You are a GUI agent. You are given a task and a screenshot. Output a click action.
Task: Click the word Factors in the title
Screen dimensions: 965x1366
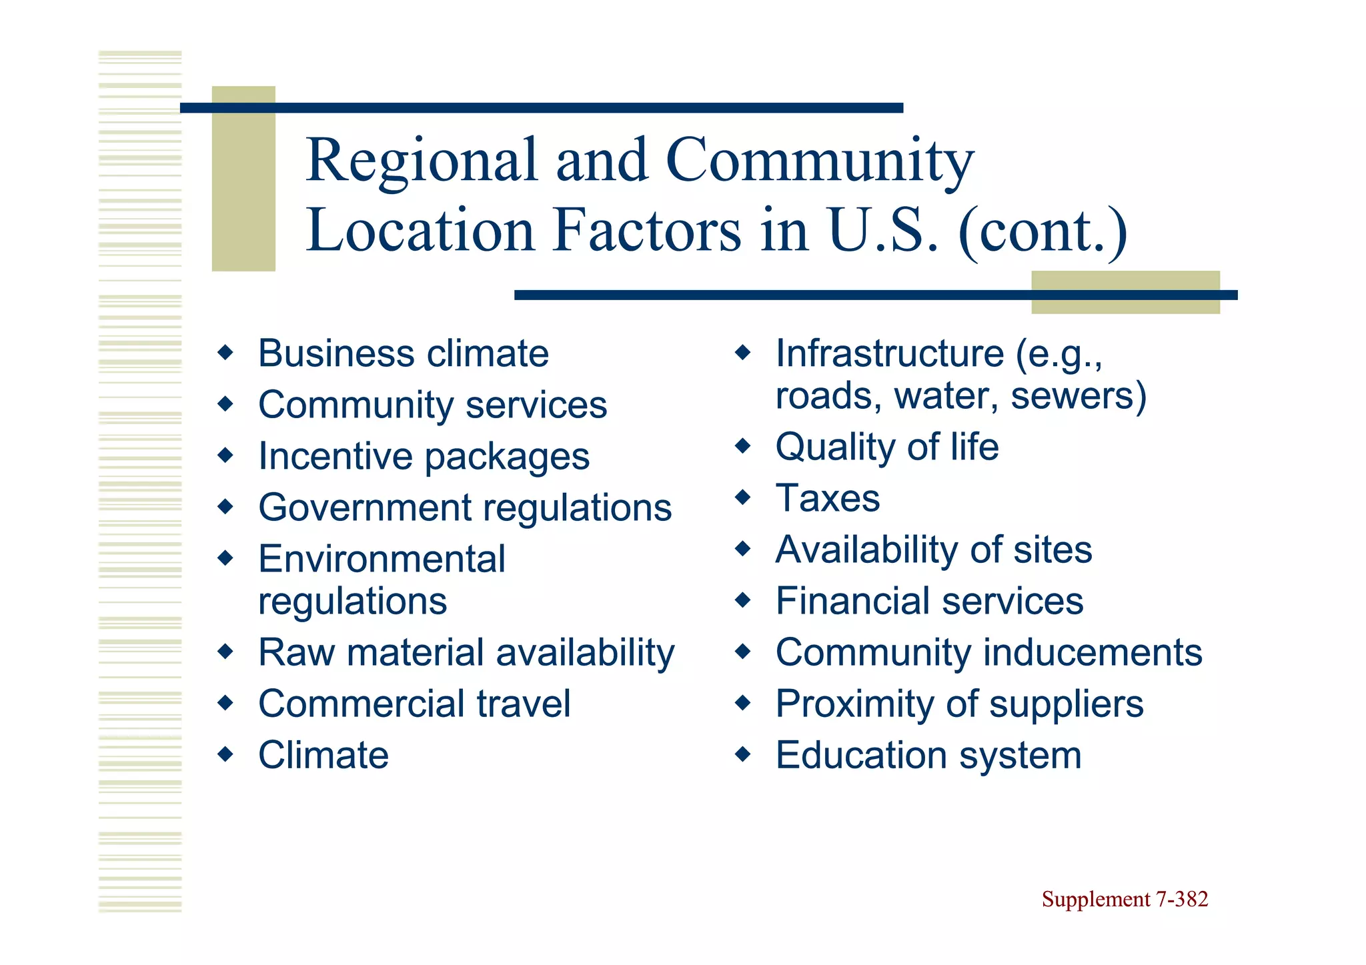[x=646, y=231]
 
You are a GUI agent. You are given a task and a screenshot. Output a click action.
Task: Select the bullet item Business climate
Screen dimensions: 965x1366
[x=403, y=353]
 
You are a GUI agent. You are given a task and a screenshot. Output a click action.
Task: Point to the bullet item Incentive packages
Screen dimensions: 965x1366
[x=424, y=457]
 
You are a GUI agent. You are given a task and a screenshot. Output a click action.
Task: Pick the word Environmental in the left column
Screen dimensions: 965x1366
[x=382, y=559]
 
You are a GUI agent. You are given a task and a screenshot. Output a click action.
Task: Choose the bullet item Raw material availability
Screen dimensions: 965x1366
[x=466, y=652]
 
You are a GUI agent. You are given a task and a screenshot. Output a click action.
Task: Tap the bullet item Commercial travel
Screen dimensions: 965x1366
[x=414, y=704]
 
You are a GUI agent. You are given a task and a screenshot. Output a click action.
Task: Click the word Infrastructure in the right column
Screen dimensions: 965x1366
[x=889, y=353]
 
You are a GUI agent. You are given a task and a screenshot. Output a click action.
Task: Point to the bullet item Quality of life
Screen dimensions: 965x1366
[x=886, y=447]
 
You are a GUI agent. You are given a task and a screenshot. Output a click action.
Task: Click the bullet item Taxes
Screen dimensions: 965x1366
[x=827, y=498]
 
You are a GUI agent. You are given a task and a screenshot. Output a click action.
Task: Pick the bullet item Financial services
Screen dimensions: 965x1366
[x=929, y=601]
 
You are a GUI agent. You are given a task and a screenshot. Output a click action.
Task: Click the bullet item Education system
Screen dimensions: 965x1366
[x=928, y=756]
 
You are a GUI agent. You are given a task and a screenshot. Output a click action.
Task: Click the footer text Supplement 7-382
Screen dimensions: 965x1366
[x=1125, y=899]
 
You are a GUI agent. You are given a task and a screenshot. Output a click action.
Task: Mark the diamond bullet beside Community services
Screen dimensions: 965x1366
[x=226, y=403]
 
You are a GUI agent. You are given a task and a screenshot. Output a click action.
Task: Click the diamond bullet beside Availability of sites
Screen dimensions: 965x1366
[x=743, y=549]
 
